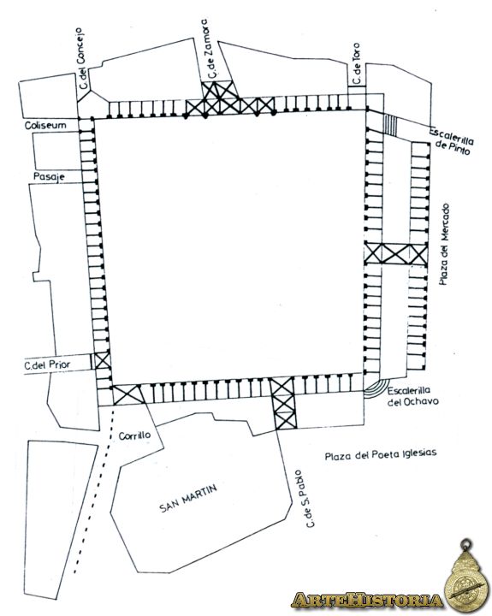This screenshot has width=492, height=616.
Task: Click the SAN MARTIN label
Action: [188, 498]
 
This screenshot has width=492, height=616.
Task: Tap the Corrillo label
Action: [134, 435]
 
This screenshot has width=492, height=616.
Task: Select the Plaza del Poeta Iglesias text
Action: [381, 454]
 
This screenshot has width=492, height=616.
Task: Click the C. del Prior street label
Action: [47, 365]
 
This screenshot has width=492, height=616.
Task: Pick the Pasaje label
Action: [49, 176]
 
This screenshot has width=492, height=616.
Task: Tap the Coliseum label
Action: [45, 125]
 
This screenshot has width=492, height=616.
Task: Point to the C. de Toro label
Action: [357, 63]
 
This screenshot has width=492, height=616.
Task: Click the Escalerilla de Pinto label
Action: [452, 140]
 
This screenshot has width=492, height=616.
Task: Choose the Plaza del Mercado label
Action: [444, 244]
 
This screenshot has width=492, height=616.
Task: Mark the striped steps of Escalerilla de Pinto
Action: [391, 125]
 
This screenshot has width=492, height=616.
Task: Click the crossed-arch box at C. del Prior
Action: [102, 361]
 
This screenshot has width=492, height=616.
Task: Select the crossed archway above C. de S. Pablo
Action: [282, 403]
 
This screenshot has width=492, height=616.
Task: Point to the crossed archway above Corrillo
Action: [127, 394]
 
